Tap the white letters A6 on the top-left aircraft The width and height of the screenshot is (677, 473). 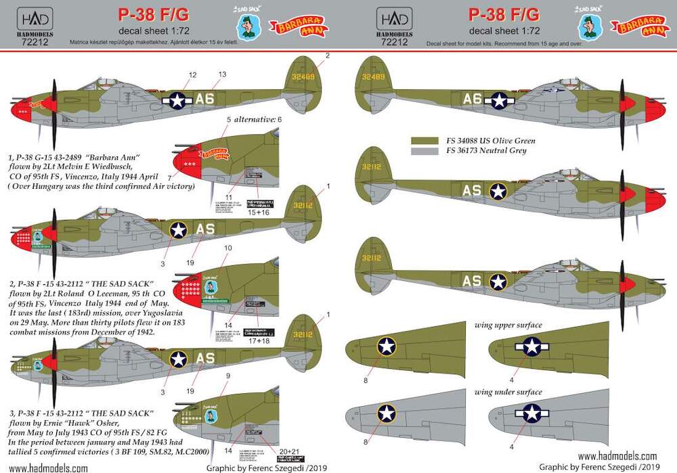tap(204, 99)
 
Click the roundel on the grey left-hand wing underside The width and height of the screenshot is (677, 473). tap(387, 411)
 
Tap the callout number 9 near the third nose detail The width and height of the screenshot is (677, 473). tap(228, 375)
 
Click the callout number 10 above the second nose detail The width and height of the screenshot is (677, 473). tap(228, 248)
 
